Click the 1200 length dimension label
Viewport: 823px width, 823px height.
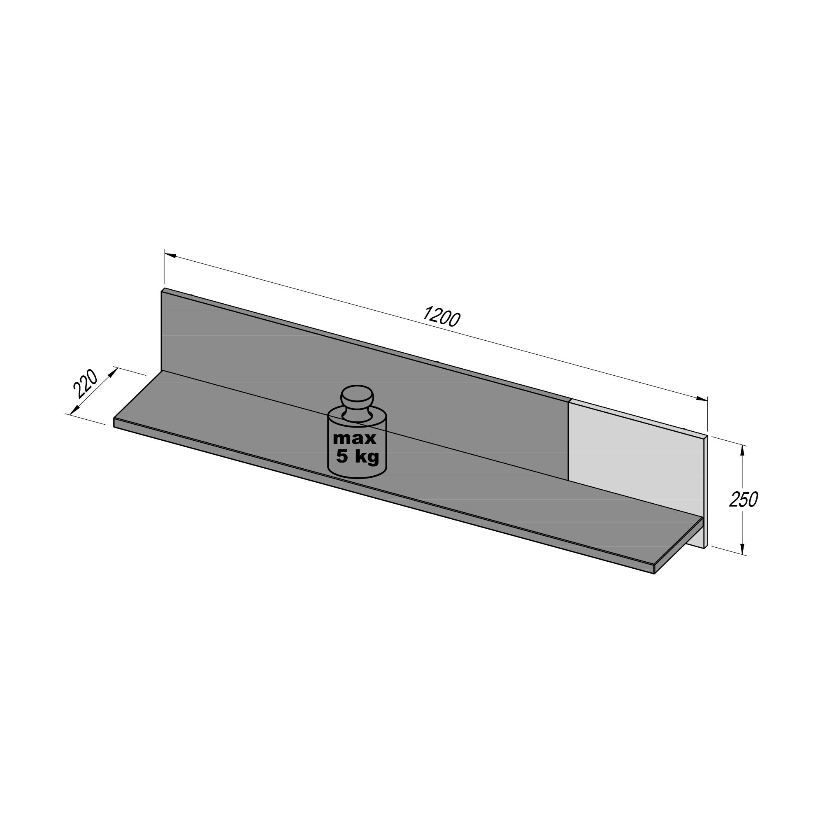click(x=441, y=316)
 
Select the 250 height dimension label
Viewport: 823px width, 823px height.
click(x=743, y=499)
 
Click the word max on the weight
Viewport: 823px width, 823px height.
click(x=354, y=438)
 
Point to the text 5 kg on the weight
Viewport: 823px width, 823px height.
click(x=358, y=457)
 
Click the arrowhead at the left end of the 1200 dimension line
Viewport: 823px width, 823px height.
click(x=170, y=255)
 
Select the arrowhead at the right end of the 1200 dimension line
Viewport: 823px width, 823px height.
click(x=702, y=399)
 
